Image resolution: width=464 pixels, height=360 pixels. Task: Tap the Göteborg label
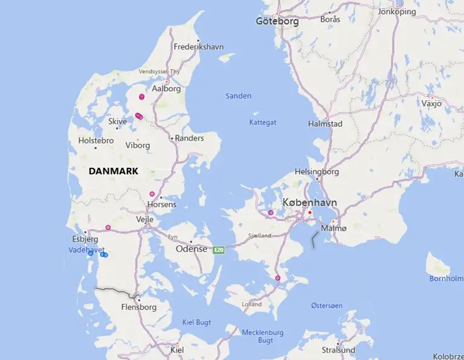point(277,21)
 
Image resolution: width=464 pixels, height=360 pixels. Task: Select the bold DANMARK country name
point(114,171)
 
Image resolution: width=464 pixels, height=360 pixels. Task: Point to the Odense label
point(191,249)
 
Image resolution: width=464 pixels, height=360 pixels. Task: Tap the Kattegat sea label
point(263,122)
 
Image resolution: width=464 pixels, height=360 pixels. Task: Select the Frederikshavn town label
point(198,47)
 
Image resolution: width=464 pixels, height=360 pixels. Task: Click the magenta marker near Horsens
point(152,194)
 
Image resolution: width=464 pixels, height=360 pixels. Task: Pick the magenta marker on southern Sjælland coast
point(278,278)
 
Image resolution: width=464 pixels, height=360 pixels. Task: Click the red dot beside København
point(309,213)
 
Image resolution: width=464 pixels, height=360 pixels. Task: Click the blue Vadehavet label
point(87,249)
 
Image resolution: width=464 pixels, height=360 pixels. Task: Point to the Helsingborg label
point(317,172)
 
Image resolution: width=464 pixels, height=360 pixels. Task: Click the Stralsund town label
point(338,350)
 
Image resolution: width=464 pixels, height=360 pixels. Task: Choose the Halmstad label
point(325,124)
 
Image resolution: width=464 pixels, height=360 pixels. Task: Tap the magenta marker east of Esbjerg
point(108,228)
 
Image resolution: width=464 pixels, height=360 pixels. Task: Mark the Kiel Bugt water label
point(197,322)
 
